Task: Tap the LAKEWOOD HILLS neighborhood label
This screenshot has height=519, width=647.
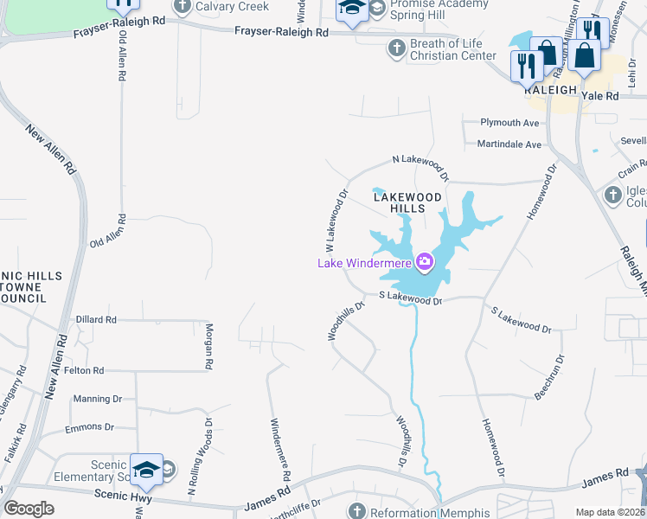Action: (407, 202)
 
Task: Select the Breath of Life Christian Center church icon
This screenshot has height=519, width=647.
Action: (396, 48)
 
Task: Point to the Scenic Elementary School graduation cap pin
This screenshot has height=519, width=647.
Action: (146, 468)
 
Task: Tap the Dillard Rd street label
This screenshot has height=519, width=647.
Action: (95, 319)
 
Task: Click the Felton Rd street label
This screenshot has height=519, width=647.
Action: (84, 370)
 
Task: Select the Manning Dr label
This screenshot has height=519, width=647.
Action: (98, 399)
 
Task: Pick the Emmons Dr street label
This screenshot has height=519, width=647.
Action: (90, 427)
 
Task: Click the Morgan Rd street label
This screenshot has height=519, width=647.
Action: (208, 347)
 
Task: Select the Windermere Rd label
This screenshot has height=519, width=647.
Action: (280, 450)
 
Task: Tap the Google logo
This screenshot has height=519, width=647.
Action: (29, 509)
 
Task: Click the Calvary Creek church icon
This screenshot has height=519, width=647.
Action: (183, 7)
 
